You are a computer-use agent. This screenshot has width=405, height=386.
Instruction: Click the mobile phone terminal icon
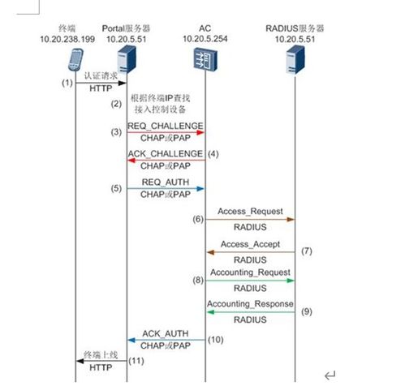(x=75, y=59)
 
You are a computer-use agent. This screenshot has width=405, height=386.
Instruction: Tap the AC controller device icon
(x=205, y=59)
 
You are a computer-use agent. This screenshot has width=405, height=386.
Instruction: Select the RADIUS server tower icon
(x=295, y=60)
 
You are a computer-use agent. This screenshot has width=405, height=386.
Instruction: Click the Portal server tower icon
(x=127, y=60)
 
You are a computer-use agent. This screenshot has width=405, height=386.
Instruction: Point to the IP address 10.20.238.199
(x=67, y=39)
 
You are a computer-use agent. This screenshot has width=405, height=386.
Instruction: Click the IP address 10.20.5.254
(x=205, y=39)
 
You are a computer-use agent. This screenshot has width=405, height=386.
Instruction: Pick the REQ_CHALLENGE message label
(x=166, y=126)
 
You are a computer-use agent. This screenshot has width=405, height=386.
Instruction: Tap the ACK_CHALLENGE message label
(x=166, y=154)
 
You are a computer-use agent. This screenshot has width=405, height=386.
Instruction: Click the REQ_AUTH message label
(x=166, y=182)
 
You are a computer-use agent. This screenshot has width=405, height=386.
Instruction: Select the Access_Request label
(x=250, y=211)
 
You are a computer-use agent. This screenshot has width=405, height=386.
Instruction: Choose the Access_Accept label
(x=250, y=244)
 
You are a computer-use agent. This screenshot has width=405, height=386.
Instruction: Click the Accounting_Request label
(x=250, y=272)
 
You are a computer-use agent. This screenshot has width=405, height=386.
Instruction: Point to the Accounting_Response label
(x=250, y=304)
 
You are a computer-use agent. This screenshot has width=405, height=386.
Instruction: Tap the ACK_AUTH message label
(x=166, y=333)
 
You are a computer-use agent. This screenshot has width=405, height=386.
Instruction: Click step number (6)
(x=198, y=219)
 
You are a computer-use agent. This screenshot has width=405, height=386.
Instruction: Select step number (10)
(x=216, y=340)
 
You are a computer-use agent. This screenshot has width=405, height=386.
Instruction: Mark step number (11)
(x=136, y=361)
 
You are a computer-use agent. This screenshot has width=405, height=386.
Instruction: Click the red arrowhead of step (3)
(x=200, y=132)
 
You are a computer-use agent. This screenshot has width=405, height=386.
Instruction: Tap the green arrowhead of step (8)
(x=291, y=281)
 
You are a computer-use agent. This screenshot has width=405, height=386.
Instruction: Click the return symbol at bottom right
(x=330, y=375)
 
